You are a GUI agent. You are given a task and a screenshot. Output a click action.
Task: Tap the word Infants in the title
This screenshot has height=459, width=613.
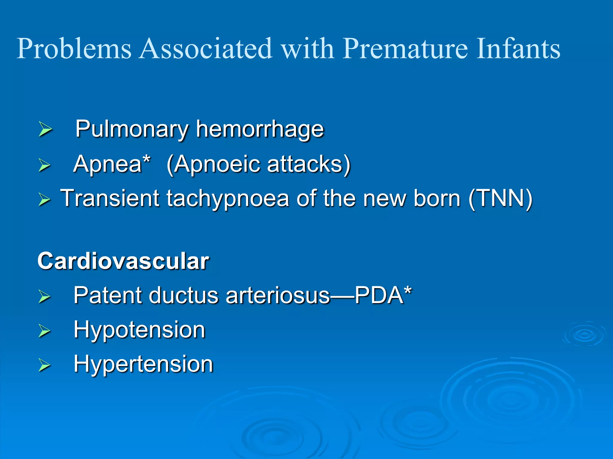point(518,49)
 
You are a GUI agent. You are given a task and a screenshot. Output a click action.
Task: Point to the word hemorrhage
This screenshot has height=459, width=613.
point(260,129)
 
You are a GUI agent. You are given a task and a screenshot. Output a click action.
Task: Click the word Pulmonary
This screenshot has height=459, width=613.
point(132,129)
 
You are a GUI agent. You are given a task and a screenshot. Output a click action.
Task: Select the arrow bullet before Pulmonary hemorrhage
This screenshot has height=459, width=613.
point(45,129)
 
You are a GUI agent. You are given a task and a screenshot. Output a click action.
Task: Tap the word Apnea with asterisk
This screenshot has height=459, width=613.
point(111,164)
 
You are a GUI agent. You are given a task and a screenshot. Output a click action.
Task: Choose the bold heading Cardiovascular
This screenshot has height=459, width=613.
point(123,261)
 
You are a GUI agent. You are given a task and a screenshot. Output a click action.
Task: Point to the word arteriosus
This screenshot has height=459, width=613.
point(278,295)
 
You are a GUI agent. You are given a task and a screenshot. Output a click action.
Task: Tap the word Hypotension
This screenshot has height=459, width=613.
point(139,330)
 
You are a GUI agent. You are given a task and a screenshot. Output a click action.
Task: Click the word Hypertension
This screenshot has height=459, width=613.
point(143,364)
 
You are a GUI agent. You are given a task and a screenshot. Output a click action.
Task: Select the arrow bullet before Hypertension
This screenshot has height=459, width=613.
point(45,365)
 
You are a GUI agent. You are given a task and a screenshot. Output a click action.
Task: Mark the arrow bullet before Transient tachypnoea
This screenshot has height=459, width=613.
point(45,199)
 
